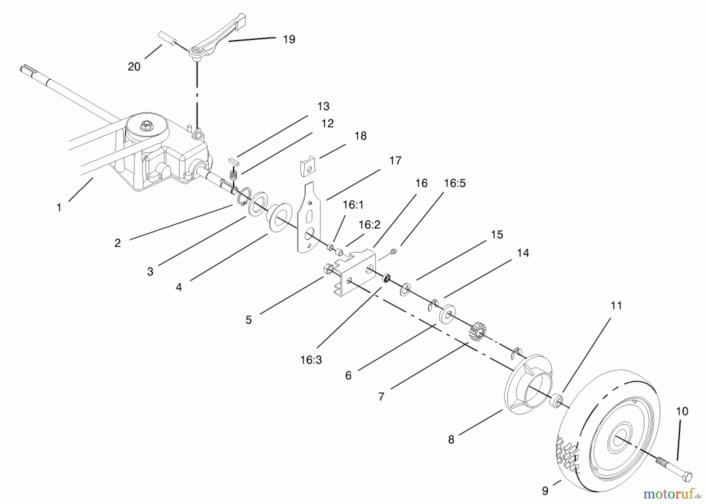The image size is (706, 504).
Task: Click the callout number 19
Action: click(x=289, y=39)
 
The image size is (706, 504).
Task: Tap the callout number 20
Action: click(x=134, y=67)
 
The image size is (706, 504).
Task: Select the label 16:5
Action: click(x=455, y=183)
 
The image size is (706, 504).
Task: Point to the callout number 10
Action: click(x=682, y=411)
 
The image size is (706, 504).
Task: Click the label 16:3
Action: click(x=311, y=360)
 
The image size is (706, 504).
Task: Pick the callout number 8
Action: click(x=451, y=439)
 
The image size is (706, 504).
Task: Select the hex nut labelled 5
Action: click(x=328, y=269)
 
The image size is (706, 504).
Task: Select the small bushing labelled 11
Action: click(x=556, y=402)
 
